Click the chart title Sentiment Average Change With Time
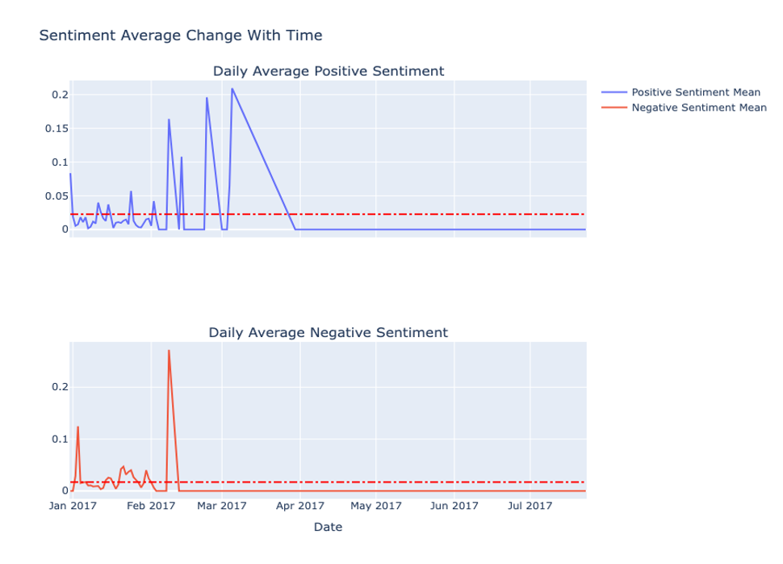(x=181, y=36)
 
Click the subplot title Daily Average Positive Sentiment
(x=329, y=71)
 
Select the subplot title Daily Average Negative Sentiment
(x=328, y=332)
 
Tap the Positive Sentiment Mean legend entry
(x=695, y=92)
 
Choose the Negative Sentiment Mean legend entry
(x=698, y=107)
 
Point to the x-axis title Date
(x=328, y=527)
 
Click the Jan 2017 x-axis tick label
(x=73, y=506)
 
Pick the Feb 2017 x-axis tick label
(x=151, y=506)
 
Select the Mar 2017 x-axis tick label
(x=222, y=506)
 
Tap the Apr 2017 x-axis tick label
(x=300, y=506)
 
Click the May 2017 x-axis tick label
(x=377, y=506)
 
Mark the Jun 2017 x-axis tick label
(x=454, y=506)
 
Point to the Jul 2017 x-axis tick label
(x=530, y=506)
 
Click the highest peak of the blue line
(x=232, y=88)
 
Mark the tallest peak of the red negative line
(x=169, y=350)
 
